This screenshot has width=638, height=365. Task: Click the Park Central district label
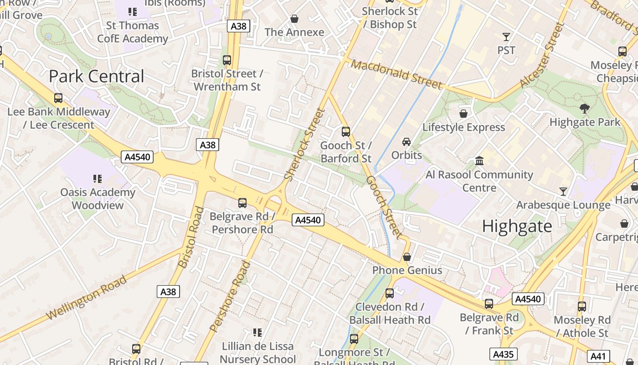click(96, 76)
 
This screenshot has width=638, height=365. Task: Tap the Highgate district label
click(517, 226)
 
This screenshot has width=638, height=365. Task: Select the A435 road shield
click(503, 354)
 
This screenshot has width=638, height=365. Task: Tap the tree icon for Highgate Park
click(585, 109)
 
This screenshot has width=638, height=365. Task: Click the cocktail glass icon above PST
click(506, 37)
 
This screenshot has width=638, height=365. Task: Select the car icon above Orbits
click(406, 142)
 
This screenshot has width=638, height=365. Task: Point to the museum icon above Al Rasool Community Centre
click(479, 161)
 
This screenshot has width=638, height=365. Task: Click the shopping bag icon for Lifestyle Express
click(463, 114)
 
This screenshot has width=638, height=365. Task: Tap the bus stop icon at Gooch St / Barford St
click(346, 132)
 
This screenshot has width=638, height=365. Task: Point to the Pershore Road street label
click(231, 296)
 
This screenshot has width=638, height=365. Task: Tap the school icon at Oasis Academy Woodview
click(98, 178)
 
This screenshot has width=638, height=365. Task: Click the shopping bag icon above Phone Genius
click(407, 257)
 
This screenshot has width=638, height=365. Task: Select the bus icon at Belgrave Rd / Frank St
click(489, 303)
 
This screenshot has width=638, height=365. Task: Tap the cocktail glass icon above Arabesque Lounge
click(563, 192)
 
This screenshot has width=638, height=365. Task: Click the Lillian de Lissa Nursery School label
click(258, 353)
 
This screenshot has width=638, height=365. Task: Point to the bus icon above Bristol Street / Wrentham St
click(227, 60)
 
